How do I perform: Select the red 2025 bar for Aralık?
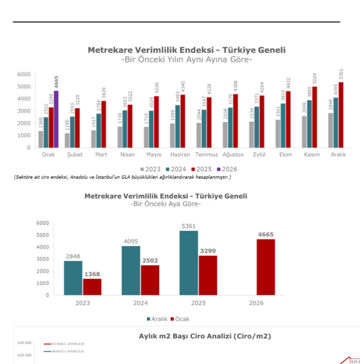coord(341,115)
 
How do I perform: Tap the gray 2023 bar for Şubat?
coord(67,140)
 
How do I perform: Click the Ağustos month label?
coord(232,154)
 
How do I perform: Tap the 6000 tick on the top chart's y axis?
coord(24,74)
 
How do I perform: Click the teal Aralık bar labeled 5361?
coord(189,263)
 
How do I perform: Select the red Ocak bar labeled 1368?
coord(92,287)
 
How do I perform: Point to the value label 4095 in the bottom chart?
coord(130,241)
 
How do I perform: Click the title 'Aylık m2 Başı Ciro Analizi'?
coord(204,336)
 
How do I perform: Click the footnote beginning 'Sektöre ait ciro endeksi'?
coord(123,177)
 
